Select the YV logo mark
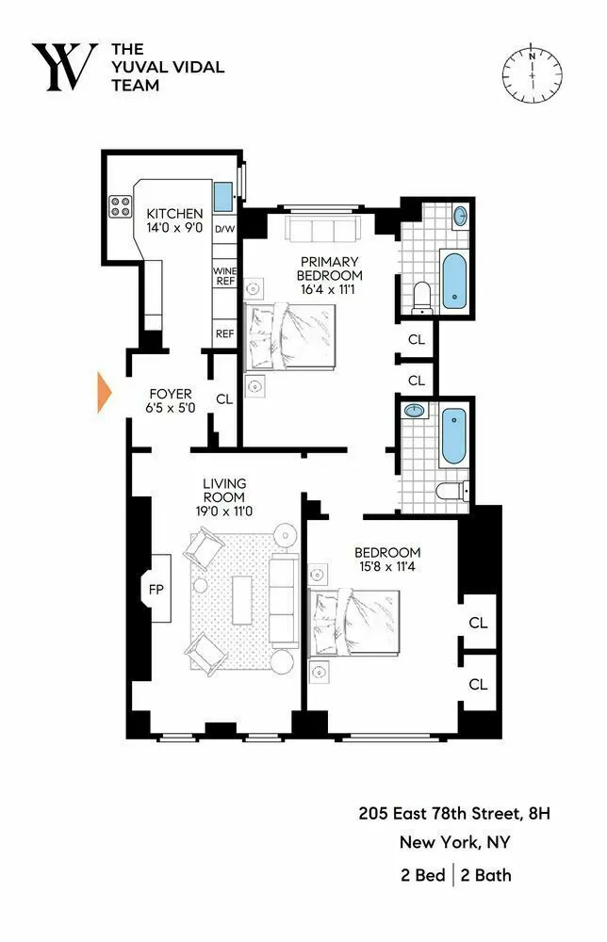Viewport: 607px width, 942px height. tap(64, 68)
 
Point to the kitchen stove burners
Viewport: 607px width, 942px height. tap(122, 206)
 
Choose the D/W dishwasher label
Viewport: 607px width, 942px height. tap(224, 230)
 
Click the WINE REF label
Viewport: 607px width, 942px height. tap(224, 276)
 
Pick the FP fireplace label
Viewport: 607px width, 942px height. tap(156, 590)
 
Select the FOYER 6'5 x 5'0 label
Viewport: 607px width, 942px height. tap(170, 400)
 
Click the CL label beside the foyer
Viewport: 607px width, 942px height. tap(224, 398)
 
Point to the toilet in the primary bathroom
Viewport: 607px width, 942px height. tap(422, 295)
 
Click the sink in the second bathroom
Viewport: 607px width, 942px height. tap(412, 412)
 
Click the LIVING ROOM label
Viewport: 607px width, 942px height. tap(224, 497)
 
